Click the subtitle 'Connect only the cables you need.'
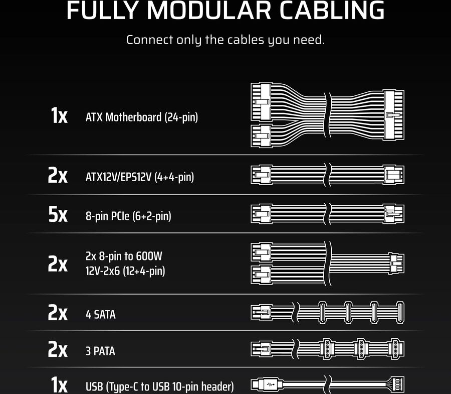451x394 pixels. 225,40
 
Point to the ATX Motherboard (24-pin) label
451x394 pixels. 142,118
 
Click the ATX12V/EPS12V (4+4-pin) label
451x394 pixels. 140,177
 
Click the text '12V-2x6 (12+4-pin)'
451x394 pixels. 125,271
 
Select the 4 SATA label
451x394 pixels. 100,315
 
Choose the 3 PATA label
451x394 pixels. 100,351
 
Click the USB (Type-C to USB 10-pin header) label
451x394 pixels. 160,386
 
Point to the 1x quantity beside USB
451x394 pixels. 59,385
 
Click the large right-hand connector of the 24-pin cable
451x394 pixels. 393,116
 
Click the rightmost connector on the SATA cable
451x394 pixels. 400,313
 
